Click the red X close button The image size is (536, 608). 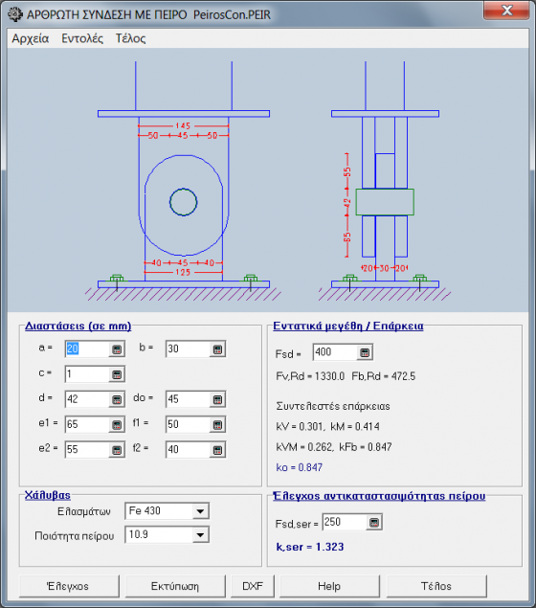click(506, 11)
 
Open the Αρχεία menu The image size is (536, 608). click(31, 38)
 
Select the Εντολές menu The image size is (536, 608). click(82, 38)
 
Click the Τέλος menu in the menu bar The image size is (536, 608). click(130, 38)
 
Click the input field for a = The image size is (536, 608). click(87, 349)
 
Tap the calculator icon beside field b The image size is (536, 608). click(217, 349)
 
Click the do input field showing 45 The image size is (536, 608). click(188, 399)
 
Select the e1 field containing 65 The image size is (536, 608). click(87, 424)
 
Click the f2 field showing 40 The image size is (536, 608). click(188, 450)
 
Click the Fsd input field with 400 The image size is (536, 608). click(335, 352)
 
